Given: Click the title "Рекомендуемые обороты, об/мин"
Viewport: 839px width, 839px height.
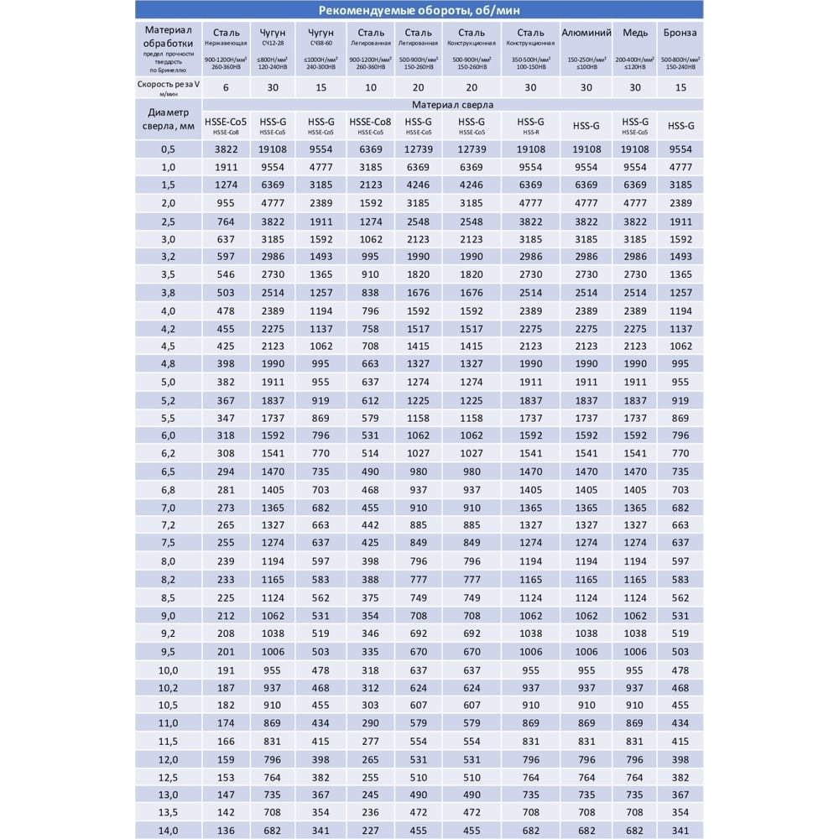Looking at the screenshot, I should click(419, 11).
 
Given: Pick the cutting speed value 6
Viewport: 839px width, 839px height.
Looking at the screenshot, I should click(226, 87).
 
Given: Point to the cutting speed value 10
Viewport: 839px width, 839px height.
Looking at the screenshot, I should click(370, 87).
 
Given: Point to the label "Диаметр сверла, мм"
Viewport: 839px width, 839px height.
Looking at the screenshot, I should click(168, 119).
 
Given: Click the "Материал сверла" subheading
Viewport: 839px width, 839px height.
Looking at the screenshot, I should click(452, 105).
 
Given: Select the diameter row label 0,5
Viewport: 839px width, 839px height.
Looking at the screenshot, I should click(168, 149).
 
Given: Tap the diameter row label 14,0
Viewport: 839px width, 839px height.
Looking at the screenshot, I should click(168, 831).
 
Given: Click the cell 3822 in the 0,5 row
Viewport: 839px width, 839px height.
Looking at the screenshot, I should click(226, 149).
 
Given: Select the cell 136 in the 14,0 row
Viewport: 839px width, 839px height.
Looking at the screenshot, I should click(226, 831).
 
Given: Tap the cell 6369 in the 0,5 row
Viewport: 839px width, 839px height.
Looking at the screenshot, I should click(370, 149).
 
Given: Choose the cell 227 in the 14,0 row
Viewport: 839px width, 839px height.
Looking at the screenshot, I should click(370, 831).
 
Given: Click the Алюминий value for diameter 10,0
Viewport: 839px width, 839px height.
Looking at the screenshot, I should click(586, 670).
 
